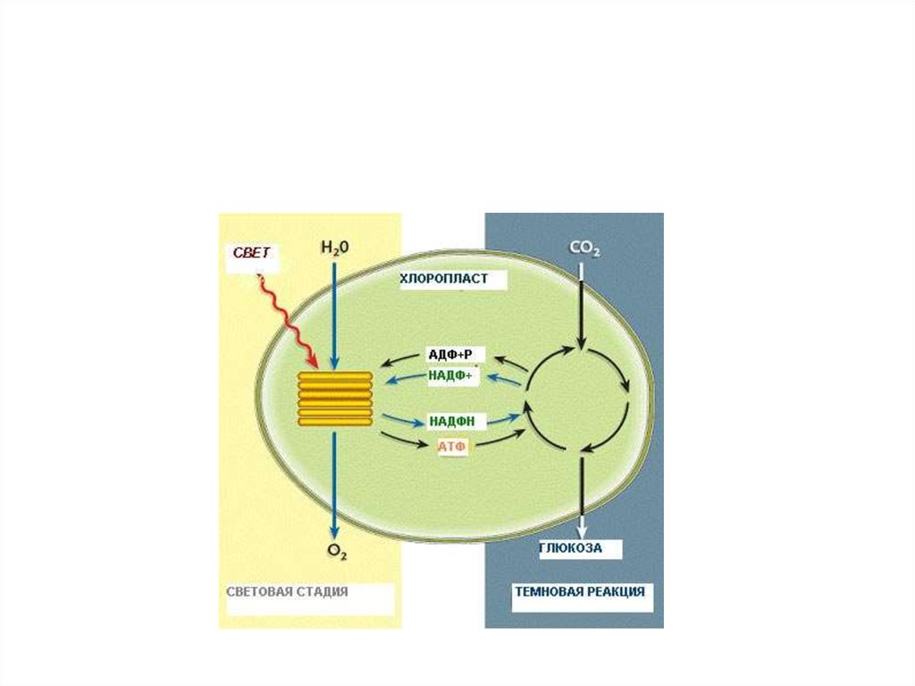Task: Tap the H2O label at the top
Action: click(x=333, y=248)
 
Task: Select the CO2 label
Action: click(x=583, y=248)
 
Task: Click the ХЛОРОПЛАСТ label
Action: click(x=444, y=279)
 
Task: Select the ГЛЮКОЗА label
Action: click(x=570, y=548)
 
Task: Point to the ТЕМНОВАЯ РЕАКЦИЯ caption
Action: click(x=579, y=592)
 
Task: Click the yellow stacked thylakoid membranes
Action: click(x=334, y=398)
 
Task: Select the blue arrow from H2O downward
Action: click(x=333, y=313)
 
